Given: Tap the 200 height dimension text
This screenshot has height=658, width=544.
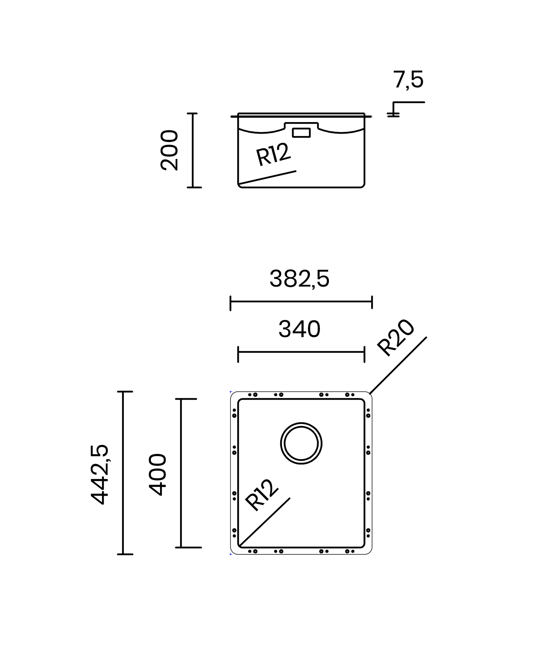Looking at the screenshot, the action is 169,150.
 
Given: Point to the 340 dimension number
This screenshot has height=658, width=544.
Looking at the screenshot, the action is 299,329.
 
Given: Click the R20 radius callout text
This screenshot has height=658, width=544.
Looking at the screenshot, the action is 396,337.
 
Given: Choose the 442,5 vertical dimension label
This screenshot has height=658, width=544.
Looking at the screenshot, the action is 100,474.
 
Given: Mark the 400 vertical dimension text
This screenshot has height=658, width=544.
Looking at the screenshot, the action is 158,474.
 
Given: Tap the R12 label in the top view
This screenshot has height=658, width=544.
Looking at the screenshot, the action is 261,495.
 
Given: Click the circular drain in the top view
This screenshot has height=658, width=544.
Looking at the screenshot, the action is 301,422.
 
